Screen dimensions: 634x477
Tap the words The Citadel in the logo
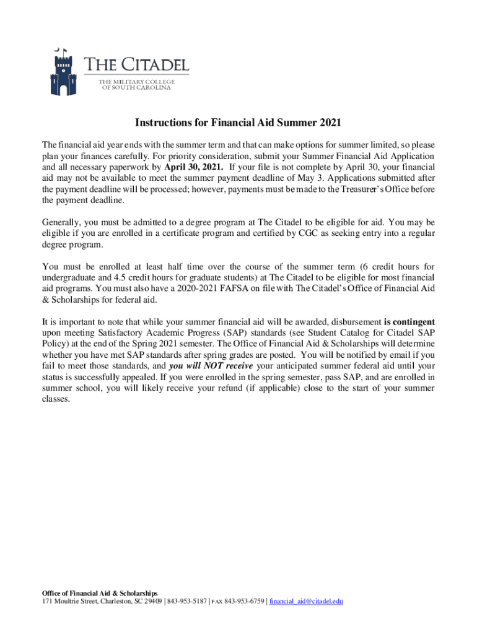(136, 65)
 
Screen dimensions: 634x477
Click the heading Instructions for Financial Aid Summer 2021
(239, 123)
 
